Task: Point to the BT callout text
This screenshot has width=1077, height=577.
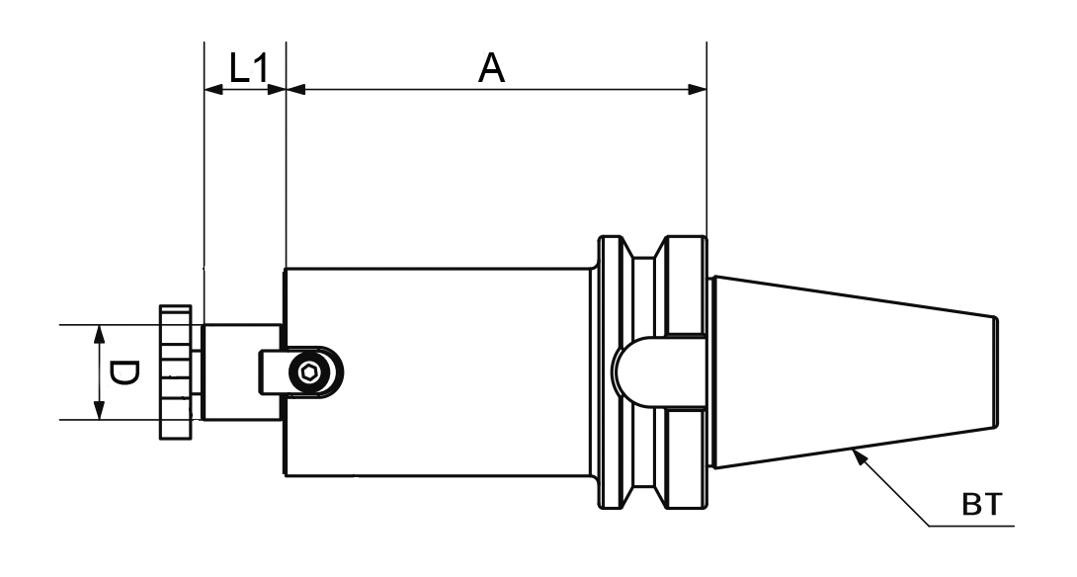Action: (x=981, y=506)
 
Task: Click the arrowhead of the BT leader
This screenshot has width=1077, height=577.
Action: (x=860, y=454)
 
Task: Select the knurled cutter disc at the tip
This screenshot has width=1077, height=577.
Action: (x=176, y=372)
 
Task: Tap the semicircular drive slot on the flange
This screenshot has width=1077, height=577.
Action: (x=632, y=372)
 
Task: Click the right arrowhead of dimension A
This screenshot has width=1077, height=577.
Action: (x=699, y=89)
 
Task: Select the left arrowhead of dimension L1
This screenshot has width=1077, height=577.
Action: (x=211, y=89)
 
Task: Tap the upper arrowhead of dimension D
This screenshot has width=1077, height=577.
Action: (x=99, y=333)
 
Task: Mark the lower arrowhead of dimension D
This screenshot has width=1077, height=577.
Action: (x=99, y=412)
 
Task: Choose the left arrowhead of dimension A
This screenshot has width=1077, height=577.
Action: (x=294, y=89)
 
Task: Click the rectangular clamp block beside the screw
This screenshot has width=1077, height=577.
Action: (x=270, y=372)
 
